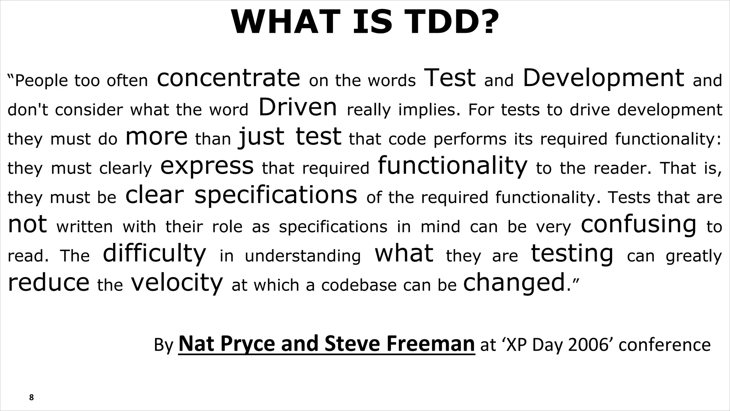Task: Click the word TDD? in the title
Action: (x=452, y=22)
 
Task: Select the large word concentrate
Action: (x=228, y=78)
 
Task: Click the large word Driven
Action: (x=298, y=107)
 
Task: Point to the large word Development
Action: (x=603, y=78)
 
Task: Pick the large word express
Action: (x=207, y=166)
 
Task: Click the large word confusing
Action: (x=638, y=224)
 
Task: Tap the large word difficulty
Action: (x=154, y=254)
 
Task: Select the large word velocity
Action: (x=177, y=283)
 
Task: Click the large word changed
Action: (x=514, y=283)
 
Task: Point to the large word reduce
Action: (x=48, y=283)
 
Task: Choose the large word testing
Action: (x=572, y=254)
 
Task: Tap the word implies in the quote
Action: (x=427, y=110)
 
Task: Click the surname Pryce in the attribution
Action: (x=248, y=344)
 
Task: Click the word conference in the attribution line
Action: (x=665, y=345)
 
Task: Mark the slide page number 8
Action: (x=31, y=397)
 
